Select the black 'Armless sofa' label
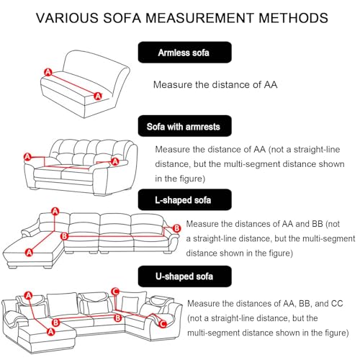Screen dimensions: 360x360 pos(184,53)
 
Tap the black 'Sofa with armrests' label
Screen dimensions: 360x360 pos(184,126)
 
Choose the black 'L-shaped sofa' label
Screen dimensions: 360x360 pos(184,199)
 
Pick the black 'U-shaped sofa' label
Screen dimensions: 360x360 pos(184,276)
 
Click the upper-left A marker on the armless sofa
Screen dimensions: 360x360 pos(48,72)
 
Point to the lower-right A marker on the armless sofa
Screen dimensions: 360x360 pos(98,96)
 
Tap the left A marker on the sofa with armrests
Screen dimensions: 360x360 pos(27,157)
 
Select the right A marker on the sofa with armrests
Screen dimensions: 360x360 pos(115,161)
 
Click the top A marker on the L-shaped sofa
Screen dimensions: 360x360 pos(55,212)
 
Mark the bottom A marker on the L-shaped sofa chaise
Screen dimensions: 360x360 pos(30,252)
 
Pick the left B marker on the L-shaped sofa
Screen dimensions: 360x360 pos(64,236)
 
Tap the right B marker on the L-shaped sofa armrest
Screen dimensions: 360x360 pos(176,228)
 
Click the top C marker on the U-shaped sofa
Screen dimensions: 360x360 pos(115,292)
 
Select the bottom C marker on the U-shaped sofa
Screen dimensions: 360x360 pos(163,324)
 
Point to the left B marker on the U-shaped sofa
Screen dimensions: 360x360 pos(55,323)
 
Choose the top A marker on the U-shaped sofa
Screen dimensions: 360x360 pos(28,295)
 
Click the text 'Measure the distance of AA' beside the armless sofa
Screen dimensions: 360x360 pos(215,85)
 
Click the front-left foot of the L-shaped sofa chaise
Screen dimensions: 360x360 pos(12,266)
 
